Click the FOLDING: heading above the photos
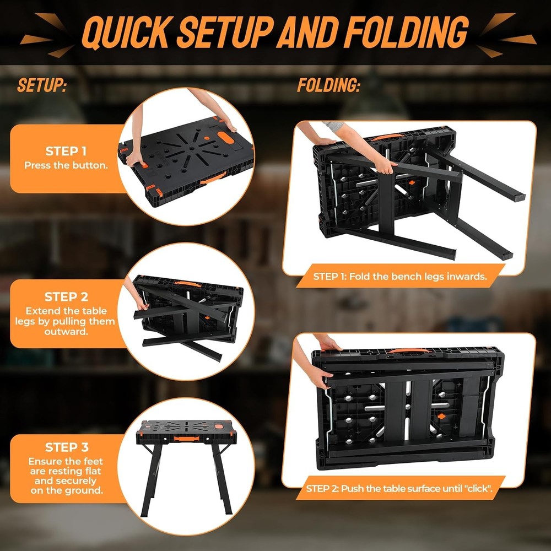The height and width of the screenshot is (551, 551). [329, 86]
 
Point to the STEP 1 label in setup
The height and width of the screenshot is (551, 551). [66, 151]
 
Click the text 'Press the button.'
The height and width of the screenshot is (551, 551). [66, 165]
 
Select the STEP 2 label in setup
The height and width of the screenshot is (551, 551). [66, 297]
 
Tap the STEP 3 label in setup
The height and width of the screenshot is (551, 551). [67, 447]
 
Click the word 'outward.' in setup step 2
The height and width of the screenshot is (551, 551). [66, 332]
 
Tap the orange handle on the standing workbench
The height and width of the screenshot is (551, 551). [186, 439]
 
